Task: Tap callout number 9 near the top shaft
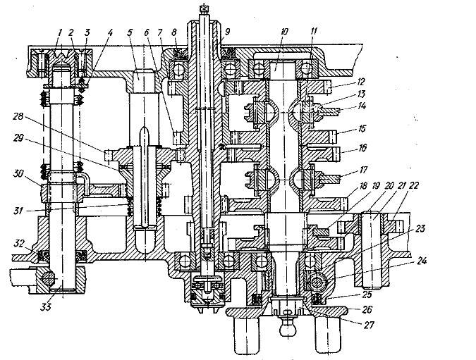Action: click(228, 31)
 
